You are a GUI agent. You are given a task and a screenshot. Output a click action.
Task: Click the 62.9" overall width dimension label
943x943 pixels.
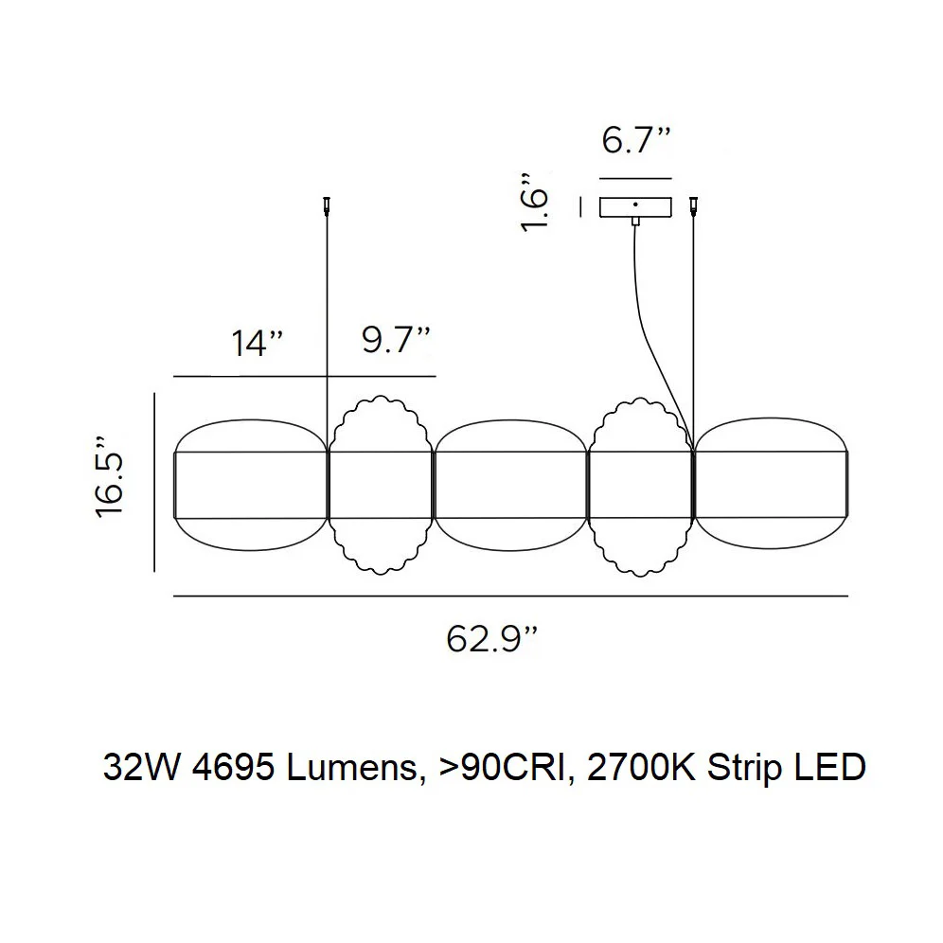point(491,639)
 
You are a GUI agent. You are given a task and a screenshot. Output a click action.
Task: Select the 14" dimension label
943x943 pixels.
point(257,344)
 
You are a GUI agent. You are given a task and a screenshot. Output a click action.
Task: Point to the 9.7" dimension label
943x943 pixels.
point(396,341)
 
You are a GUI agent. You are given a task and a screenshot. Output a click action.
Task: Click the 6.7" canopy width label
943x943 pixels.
point(635,140)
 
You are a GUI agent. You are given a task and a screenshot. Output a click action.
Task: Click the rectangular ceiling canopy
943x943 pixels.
point(635,207)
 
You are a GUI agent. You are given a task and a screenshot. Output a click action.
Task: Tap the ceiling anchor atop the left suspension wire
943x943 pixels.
point(327,205)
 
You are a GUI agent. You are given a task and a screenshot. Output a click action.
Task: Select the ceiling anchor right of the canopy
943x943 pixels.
point(695,205)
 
